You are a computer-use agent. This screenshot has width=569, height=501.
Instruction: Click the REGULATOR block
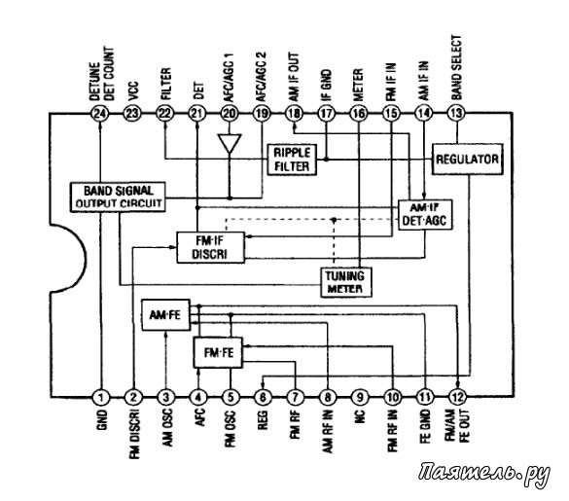[468, 159]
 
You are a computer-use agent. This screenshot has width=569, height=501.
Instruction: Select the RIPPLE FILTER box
[292, 160]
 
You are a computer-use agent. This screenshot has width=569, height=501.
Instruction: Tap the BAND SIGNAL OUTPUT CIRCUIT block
[118, 197]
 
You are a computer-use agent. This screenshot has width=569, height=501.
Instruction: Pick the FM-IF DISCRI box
[210, 247]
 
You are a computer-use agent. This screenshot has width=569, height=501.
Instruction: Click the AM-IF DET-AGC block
[425, 215]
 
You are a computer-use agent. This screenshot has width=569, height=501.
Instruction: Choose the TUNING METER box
[346, 282]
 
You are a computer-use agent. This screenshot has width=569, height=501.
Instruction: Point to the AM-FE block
[165, 315]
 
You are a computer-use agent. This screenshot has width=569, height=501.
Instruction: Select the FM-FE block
[218, 352]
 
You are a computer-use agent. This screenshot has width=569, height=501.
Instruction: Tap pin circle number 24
[100, 114]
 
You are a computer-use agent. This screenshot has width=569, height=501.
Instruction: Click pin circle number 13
[456, 113]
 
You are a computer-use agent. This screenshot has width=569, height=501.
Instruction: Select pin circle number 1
[100, 398]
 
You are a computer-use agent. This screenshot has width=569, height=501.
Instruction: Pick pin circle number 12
[457, 398]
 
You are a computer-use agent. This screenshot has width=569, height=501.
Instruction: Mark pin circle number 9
[360, 398]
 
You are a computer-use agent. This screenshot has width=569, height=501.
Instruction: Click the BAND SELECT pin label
[456, 67]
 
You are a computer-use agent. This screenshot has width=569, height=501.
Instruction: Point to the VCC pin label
[132, 90]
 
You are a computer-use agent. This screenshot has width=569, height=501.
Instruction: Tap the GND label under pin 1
[102, 420]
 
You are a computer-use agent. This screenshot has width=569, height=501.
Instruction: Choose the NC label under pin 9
[360, 417]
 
